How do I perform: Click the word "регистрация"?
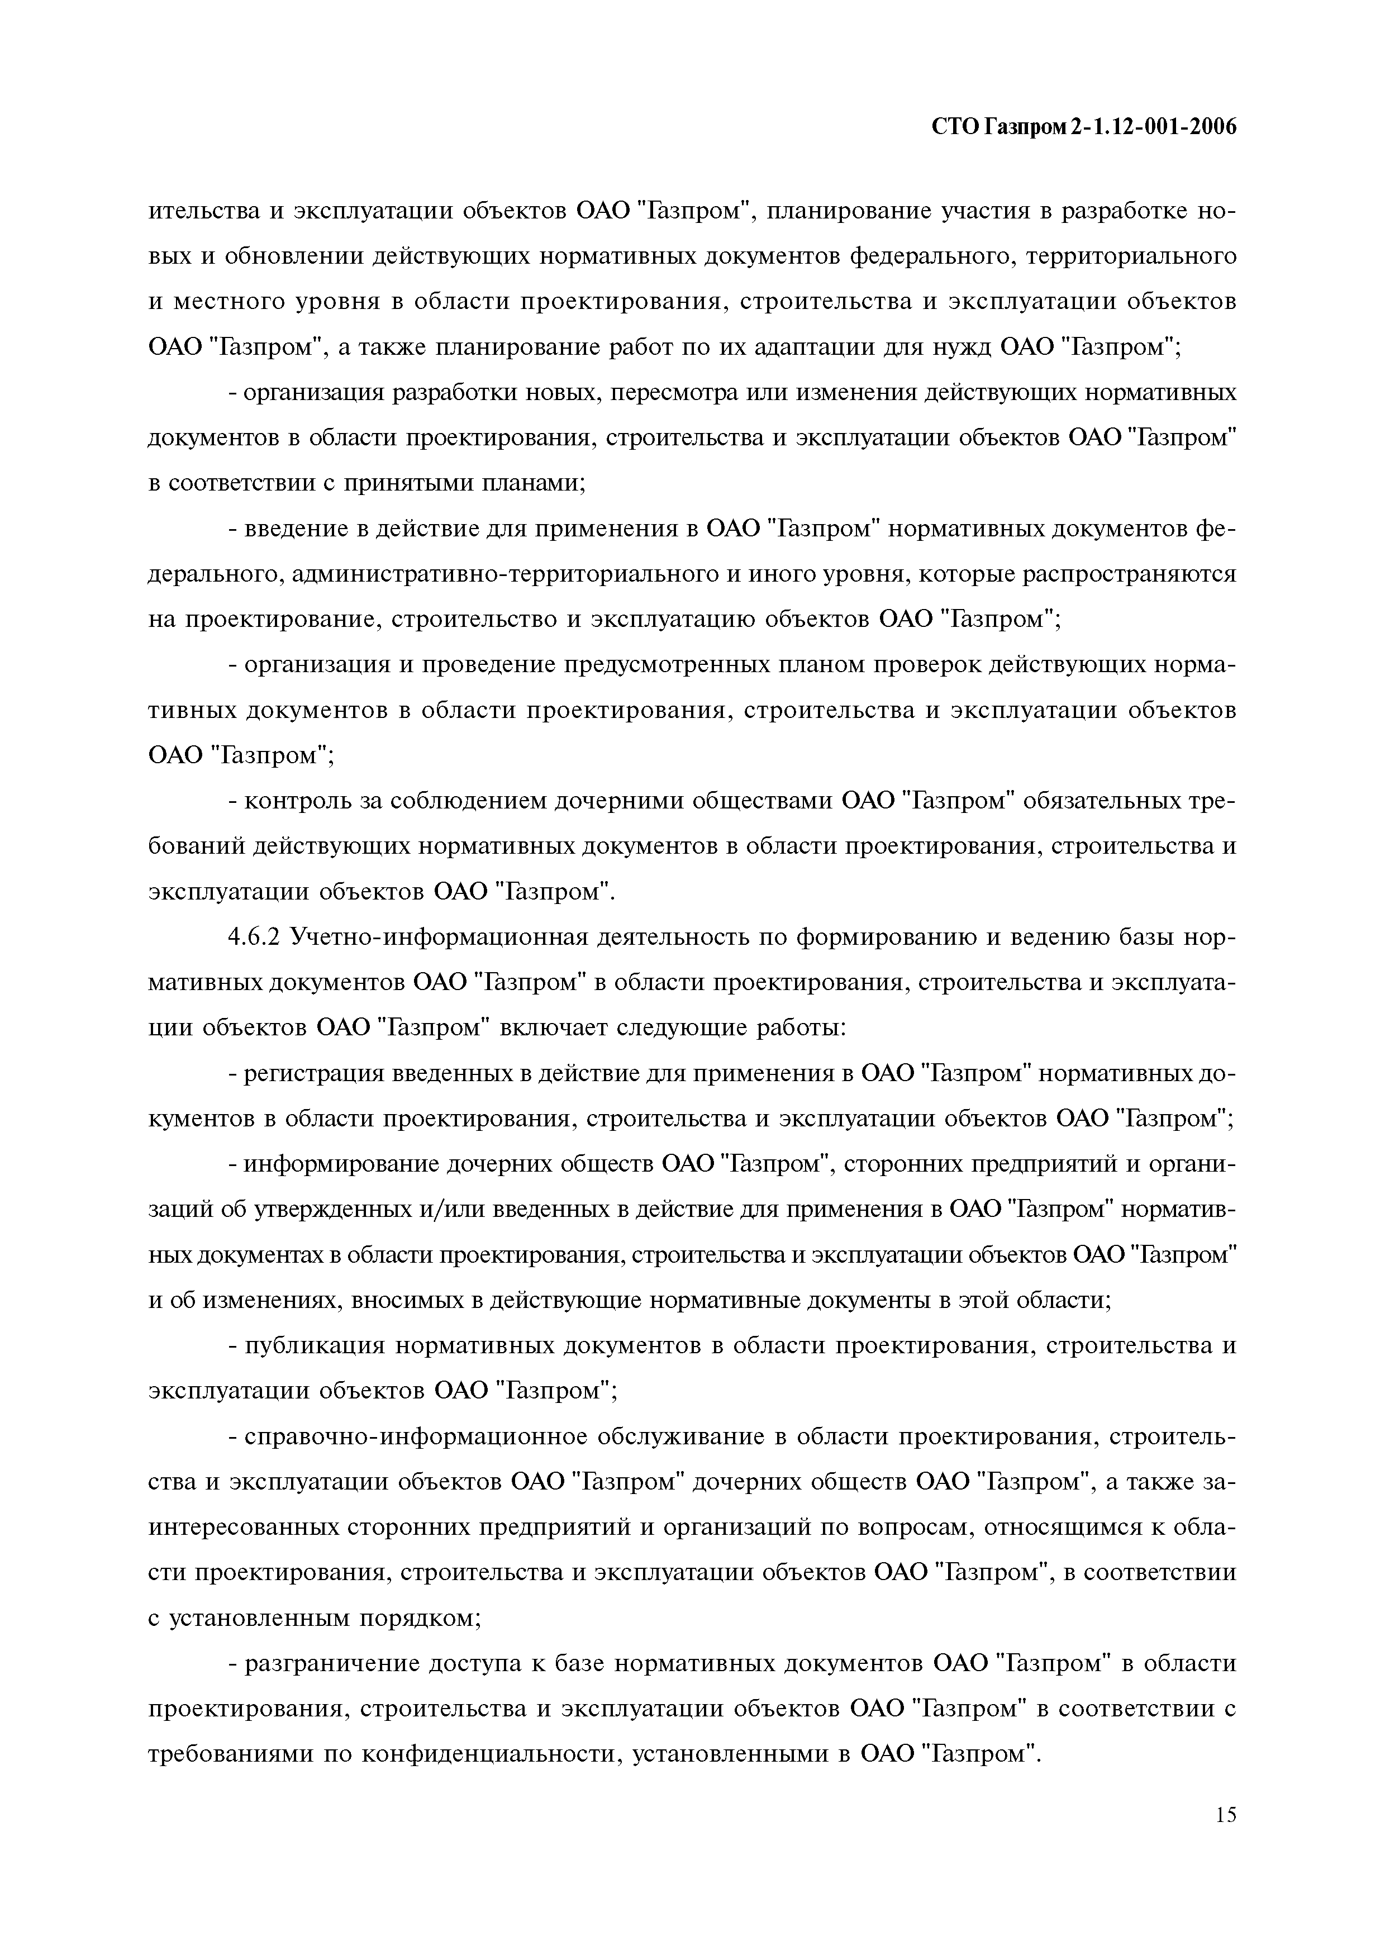[x=317, y=1073]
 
